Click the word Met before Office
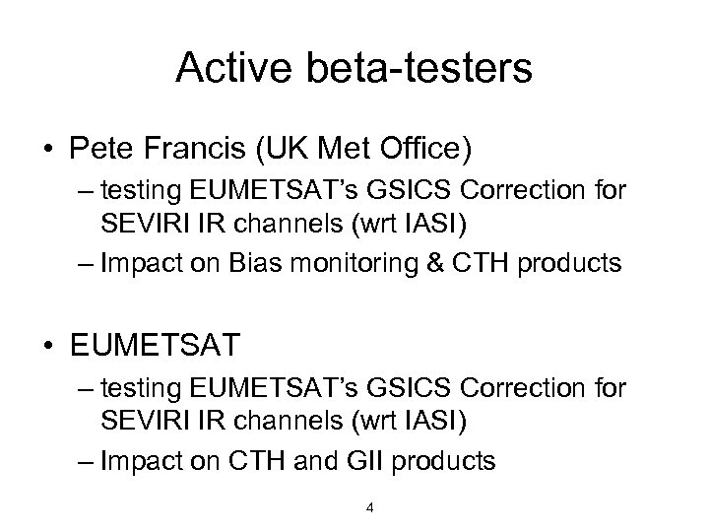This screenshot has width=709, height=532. click(360, 151)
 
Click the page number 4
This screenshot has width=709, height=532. click(368, 508)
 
